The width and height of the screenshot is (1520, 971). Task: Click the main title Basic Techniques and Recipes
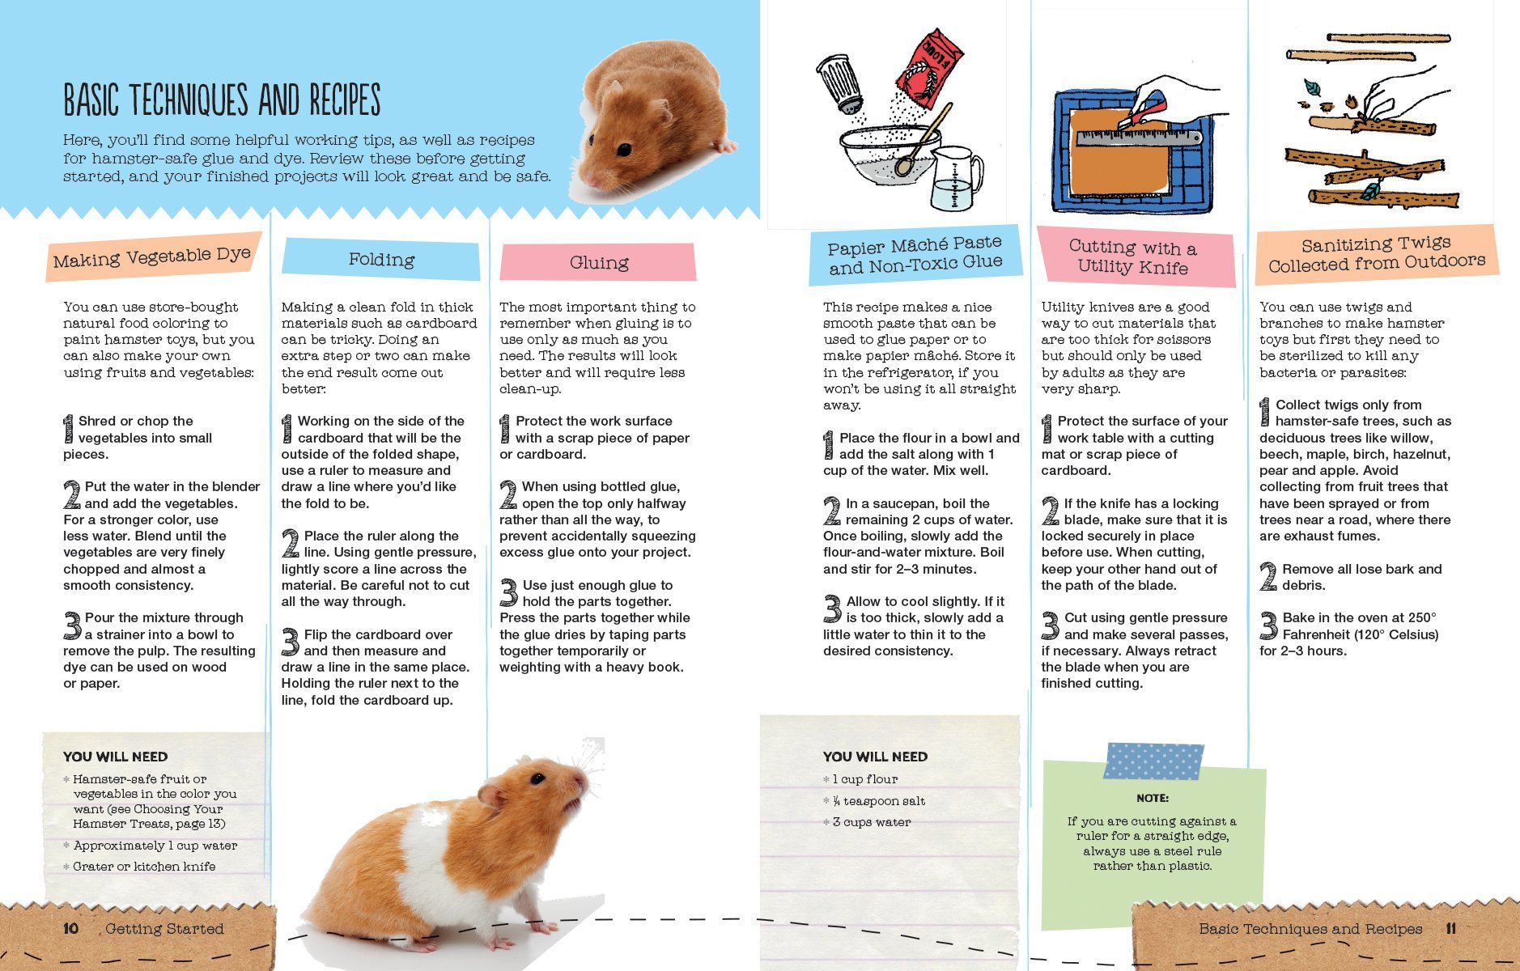pyautogui.click(x=222, y=100)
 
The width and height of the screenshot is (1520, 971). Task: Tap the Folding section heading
pyautogui.click(x=381, y=260)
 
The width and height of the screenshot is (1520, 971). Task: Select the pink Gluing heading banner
pyautogui.click(x=598, y=262)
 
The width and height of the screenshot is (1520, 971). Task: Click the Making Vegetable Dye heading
pyautogui.click(x=152, y=257)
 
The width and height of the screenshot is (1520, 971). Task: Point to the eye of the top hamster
pyautogui.click(x=623, y=149)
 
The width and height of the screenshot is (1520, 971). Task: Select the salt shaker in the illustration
pyautogui.click(x=842, y=84)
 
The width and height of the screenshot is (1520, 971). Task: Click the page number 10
pyautogui.click(x=71, y=928)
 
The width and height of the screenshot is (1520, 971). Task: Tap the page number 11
pyautogui.click(x=1450, y=928)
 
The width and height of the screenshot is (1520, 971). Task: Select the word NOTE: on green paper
pyautogui.click(x=1152, y=798)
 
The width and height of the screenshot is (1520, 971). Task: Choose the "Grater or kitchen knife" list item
pyautogui.click(x=144, y=867)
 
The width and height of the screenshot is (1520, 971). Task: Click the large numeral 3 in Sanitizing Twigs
pyautogui.click(x=1268, y=625)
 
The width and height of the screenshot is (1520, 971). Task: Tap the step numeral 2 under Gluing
pyautogui.click(x=508, y=494)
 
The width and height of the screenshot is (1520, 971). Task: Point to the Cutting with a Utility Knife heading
pyautogui.click(x=1132, y=257)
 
